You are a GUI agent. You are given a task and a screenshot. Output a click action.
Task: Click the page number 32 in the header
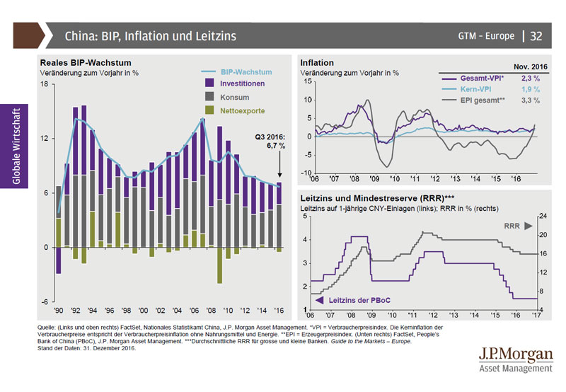tap(536, 35)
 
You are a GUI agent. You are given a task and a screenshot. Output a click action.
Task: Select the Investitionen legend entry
tap(242, 83)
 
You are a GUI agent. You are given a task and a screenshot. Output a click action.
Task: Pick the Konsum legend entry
tap(234, 97)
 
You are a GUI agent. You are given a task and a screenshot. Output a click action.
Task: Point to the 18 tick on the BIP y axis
tap(44, 84)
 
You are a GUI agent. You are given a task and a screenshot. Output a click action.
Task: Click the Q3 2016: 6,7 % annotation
tap(270, 141)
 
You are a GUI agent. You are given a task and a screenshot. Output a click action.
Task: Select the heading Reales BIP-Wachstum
tap(86, 62)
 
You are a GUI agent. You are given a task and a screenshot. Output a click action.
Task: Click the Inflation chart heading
tap(317, 63)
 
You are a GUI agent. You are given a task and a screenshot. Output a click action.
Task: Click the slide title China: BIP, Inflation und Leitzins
tap(151, 35)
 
